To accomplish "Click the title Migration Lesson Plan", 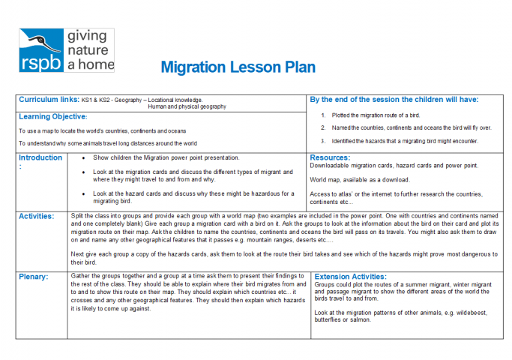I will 238,67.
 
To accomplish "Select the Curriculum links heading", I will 49,99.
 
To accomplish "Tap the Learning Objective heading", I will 52,117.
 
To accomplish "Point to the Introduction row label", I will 40,158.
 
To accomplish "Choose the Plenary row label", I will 34,277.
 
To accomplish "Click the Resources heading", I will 330,158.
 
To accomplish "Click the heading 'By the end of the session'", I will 394,99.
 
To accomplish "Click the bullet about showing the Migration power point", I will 166,158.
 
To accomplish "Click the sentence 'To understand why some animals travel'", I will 108,143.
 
